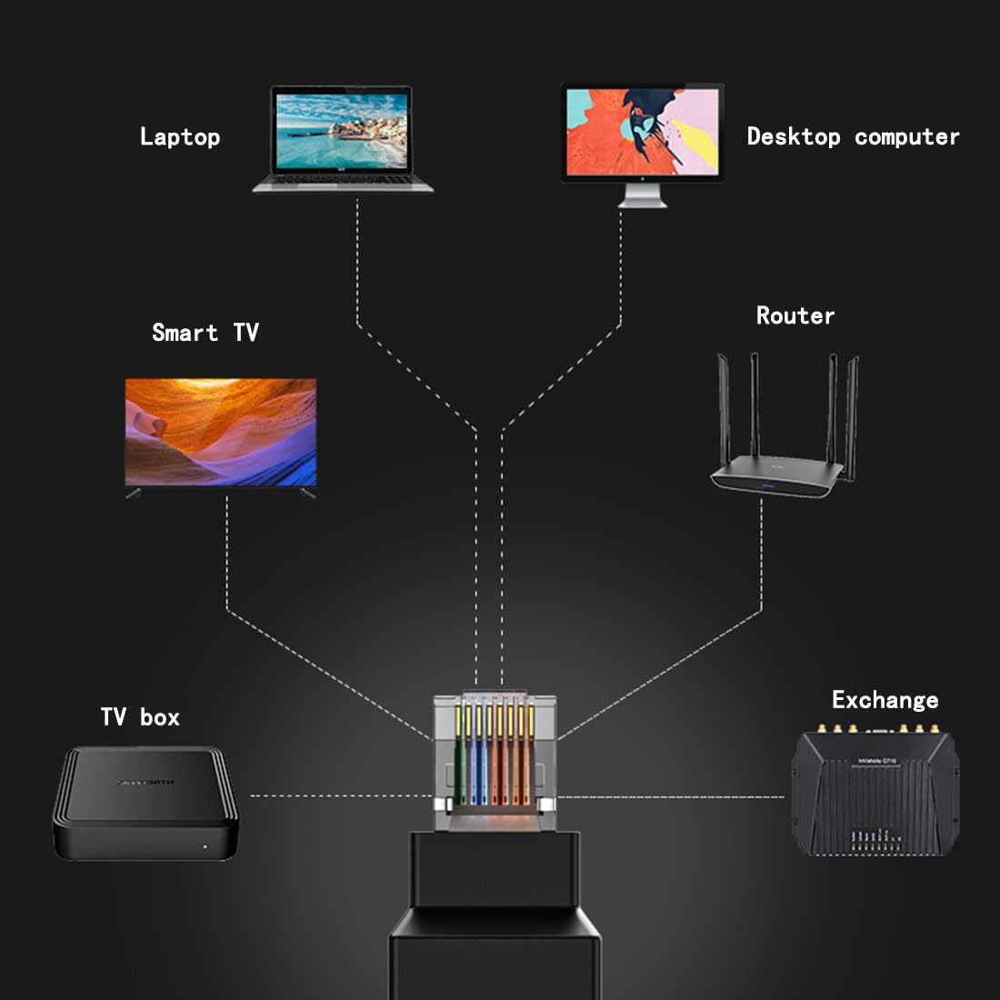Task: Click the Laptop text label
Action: coord(180,137)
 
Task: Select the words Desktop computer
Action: coord(853,137)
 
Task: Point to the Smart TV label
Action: coord(205,333)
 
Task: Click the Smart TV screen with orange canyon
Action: coord(221,432)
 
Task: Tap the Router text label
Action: coord(795,316)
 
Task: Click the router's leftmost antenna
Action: coord(725,409)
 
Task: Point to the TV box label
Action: coord(140,717)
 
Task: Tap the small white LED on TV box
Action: coord(205,846)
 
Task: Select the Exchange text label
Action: coord(885,700)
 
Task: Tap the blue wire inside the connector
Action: coord(478,755)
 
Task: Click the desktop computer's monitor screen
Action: coord(642,132)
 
